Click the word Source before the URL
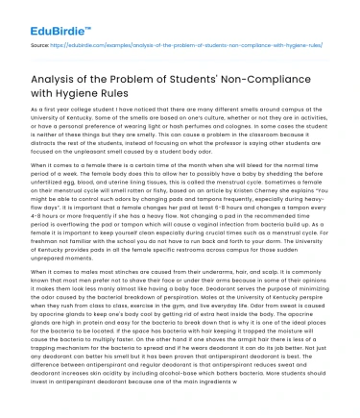click(40, 44)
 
